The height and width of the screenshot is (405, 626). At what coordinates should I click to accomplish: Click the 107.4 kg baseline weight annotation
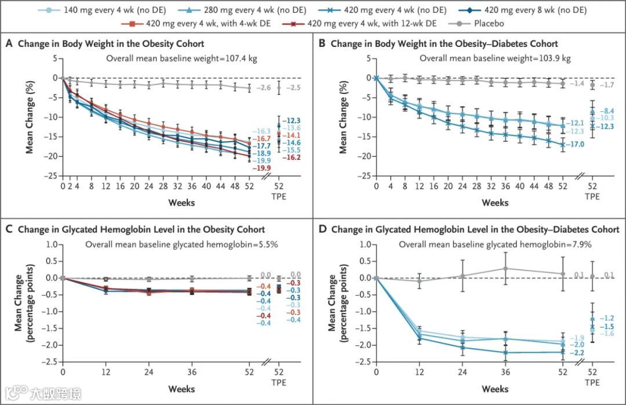[182, 59]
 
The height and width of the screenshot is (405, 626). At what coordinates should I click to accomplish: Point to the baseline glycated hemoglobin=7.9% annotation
[495, 245]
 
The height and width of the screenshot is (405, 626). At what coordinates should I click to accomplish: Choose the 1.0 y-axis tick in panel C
[52, 245]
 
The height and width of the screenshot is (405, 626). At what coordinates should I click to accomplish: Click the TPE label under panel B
[592, 196]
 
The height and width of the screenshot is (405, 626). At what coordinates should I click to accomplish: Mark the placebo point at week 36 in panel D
[505, 268]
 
